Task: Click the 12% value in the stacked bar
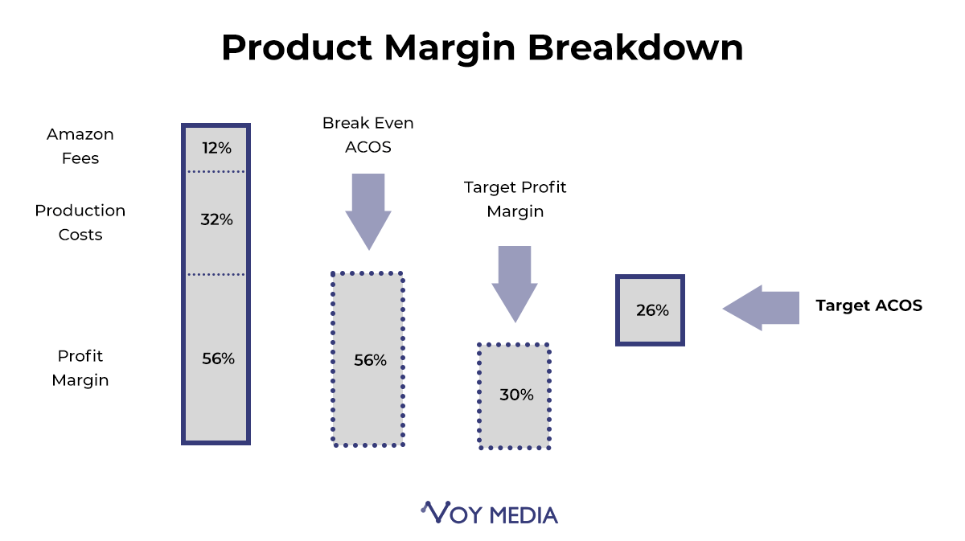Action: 216,148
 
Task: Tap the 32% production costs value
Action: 216,219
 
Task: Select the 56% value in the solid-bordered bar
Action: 219,359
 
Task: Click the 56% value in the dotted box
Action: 371,360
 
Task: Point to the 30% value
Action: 516,395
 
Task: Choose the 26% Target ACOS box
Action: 650,310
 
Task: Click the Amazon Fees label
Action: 80,146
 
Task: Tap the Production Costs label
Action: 80,223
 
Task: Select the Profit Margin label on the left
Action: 80,368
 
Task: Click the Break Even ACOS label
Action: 368,135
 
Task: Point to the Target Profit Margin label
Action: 515,199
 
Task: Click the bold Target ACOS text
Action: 869,305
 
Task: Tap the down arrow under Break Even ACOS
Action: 368,212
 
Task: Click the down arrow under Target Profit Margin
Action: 515,285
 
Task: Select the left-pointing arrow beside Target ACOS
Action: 761,308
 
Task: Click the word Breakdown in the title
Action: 635,47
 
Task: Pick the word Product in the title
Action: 297,47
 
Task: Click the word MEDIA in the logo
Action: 524,515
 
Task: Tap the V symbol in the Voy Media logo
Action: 437,512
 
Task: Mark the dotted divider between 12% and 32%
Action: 216,172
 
